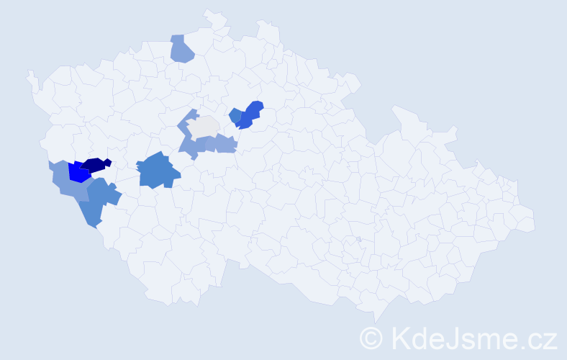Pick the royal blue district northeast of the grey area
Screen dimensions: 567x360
tap(250, 114)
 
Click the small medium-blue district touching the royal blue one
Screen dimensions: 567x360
tap(235, 114)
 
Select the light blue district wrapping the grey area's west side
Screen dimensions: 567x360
tap(189, 137)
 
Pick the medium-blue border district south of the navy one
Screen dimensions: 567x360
tap(97, 202)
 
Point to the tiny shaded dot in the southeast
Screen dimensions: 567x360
tap(358, 239)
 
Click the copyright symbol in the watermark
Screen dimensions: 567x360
tap(372, 338)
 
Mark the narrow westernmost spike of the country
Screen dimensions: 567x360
tap(30, 76)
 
